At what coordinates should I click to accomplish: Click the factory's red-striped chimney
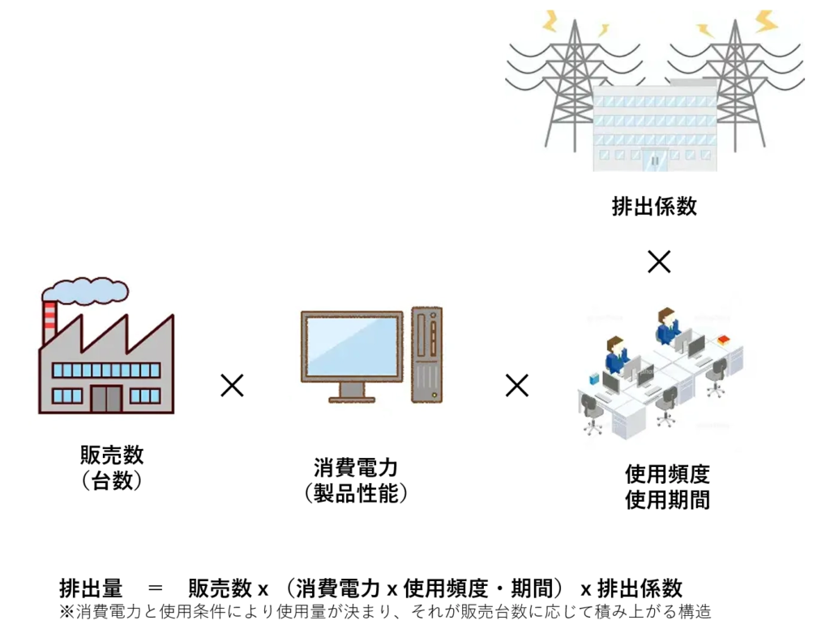click(x=50, y=321)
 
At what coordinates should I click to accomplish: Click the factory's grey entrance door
click(x=106, y=397)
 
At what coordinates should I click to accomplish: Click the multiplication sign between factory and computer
click(x=232, y=385)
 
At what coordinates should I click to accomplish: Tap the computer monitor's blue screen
click(x=352, y=346)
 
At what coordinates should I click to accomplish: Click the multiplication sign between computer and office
click(x=516, y=385)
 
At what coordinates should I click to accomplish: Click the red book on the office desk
click(x=724, y=340)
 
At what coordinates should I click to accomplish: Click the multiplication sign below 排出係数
click(x=659, y=261)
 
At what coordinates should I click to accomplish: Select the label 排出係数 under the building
click(x=654, y=207)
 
